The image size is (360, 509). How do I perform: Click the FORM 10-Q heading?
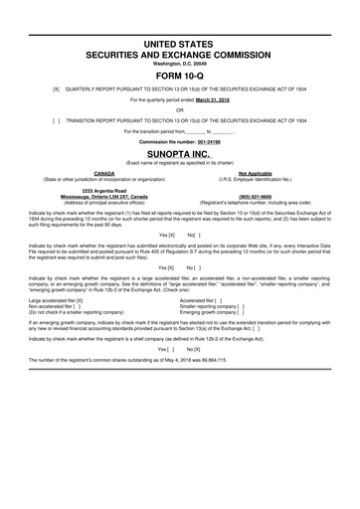[180, 75]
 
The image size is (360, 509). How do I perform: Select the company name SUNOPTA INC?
[180, 155]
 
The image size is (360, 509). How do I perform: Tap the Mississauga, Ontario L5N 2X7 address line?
[103, 196]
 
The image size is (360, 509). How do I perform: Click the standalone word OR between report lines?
[180, 110]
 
